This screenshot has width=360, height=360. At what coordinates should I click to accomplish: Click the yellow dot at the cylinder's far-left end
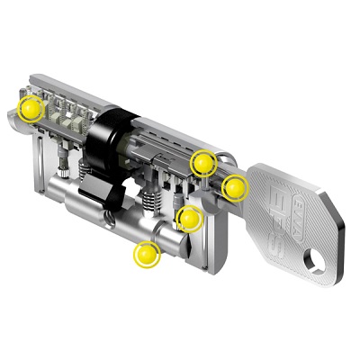click(32, 109)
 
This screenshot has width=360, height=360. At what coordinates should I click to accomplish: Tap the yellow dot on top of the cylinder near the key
click(204, 163)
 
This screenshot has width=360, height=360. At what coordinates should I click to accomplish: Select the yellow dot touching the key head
click(235, 186)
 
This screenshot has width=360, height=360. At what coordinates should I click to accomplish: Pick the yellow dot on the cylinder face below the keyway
click(190, 218)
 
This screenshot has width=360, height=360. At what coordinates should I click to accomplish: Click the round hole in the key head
click(316, 261)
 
